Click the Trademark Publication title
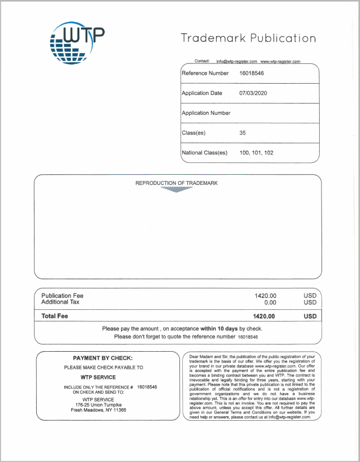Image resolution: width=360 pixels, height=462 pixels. pyautogui.click(x=248, y=38)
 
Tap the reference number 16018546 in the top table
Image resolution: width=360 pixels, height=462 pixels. pyautogui.click(x=252, y=74)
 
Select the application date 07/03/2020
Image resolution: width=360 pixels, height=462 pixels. pyautogui.click(x=253, y=93)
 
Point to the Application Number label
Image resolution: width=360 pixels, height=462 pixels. pyautogui.click(x=206, y=113)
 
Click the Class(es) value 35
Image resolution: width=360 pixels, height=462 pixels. pyautogui.click(x=243, y=133)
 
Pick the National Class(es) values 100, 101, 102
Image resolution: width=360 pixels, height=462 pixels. pyautogui.click(x=256, y=153)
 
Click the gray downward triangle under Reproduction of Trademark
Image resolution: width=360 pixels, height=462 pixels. pyautogui.click(x=177, y=189)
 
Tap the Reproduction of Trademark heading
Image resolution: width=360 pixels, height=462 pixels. pyautogui.click(x=177, y=183)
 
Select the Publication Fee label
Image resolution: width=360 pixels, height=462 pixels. pyautogui.click(x=62, y=296)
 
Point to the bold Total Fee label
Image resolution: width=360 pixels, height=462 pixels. pyautogui.click(x=55, y=316)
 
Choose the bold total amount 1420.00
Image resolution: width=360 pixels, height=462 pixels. pyautogui.click(x=265, y=316)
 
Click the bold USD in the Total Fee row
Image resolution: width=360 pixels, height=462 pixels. pyautogui.click(x=310, y=316)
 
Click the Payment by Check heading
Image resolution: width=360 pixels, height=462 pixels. pyautogui.click(x=102, y=358)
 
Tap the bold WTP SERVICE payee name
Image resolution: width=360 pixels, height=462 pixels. pyautogui.click(x=98, y=377)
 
